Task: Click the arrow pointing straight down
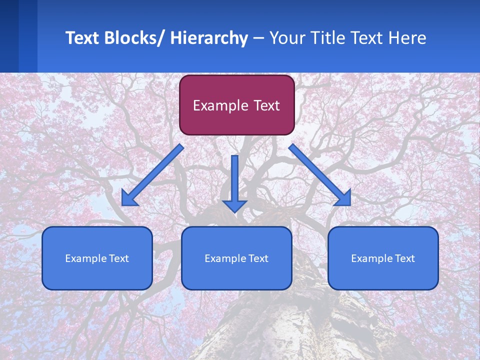(x=234, y=182)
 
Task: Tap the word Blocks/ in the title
(x=137, y=38)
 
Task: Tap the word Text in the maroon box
(x=266, y=106)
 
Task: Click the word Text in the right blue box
(x=404, y=258)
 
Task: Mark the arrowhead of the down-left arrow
(x=129, y=198)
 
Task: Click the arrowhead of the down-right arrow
(x=343, y=198)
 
